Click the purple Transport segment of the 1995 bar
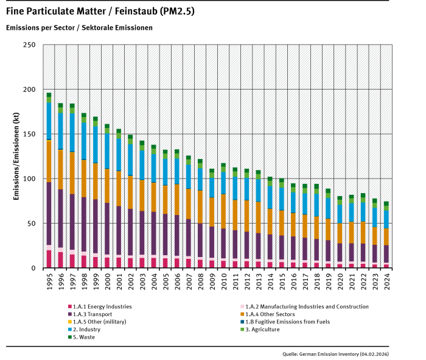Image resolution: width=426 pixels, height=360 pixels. [49, 213]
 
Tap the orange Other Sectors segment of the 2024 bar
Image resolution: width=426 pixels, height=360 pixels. [386, 237]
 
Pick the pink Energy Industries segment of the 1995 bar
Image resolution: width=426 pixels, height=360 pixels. [49, 259]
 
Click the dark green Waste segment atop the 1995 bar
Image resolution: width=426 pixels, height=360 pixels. [49, 95]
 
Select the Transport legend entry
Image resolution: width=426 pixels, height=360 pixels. [94, 314]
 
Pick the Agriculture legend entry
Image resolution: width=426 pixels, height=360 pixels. [262, 329]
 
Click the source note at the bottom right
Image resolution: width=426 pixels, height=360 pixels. [335, 353]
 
